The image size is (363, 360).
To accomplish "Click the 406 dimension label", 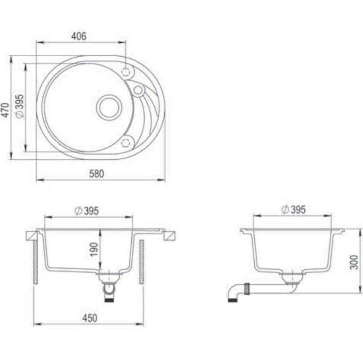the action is [79, 36].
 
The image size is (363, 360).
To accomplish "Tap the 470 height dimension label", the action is [6, 110].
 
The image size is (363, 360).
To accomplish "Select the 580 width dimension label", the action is [96, 174].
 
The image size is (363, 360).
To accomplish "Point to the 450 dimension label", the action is [90, 318].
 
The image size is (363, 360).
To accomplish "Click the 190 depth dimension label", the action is [94, 249].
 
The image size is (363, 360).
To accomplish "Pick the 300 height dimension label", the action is [354, 262].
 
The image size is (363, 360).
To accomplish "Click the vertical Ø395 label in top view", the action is [19, 106].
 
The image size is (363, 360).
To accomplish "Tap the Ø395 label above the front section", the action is [86, 211].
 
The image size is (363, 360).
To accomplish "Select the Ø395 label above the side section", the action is [293, 210].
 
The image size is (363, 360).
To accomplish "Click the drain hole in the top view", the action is [109, 107].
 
